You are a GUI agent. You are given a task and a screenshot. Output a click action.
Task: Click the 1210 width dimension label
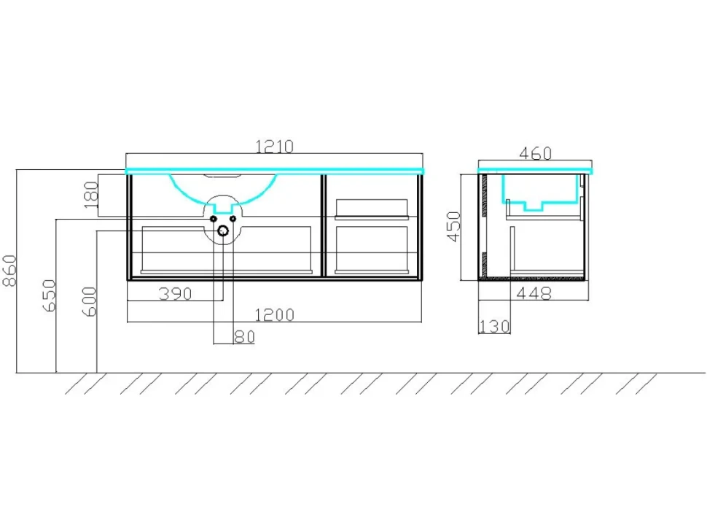point(274,147)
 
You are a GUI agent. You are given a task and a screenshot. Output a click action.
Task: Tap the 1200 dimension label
point(274,314)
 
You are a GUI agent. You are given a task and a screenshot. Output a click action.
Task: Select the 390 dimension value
point(176,294)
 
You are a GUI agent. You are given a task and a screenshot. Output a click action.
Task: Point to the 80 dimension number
point(244,336)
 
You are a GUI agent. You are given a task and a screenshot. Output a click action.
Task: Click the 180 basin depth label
point(91,195)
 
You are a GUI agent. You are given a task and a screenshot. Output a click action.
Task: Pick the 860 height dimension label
point(9,270)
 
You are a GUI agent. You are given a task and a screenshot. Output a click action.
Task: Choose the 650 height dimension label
point(49,295)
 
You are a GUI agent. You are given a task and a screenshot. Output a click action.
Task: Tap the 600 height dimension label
point(90,301)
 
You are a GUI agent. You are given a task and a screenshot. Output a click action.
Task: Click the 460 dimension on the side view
point(535,153)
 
